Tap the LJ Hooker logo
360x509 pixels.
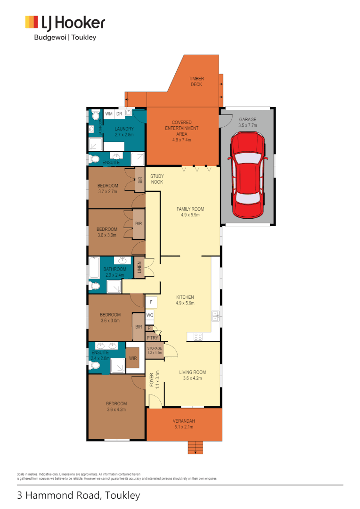pyautogui.click(x=65, y=23)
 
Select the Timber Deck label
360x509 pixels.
pyautogui.click(x=196, y=82)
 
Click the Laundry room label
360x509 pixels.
pyautogui.click(x=124, y=129)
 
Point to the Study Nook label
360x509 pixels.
pyautogui.click(x=157, y=179)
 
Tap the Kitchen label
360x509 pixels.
pyautogui.click(x=185, y=297)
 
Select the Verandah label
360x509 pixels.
pyautogui.click(x=184, y=421)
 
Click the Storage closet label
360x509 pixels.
pyautogui.click(x=154, y=348)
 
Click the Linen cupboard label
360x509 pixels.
pyautogui.click(x=139, y=267)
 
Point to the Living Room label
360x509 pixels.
pyautogui.click(x=190, y=372)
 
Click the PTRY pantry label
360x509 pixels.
pyautogui.click(x=152, y=337)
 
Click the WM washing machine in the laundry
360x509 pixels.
pyautogui.click(x=108, y=114)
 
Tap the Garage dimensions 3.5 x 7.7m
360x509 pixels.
pyautogui.click(x=247, y=126)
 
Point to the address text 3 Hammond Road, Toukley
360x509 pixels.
pyautogui.click(x=79, y=495)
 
